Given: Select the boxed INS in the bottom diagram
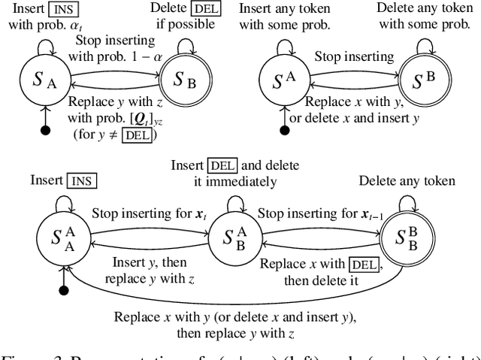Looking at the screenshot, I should pyautogui.click(x=82, y=181).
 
